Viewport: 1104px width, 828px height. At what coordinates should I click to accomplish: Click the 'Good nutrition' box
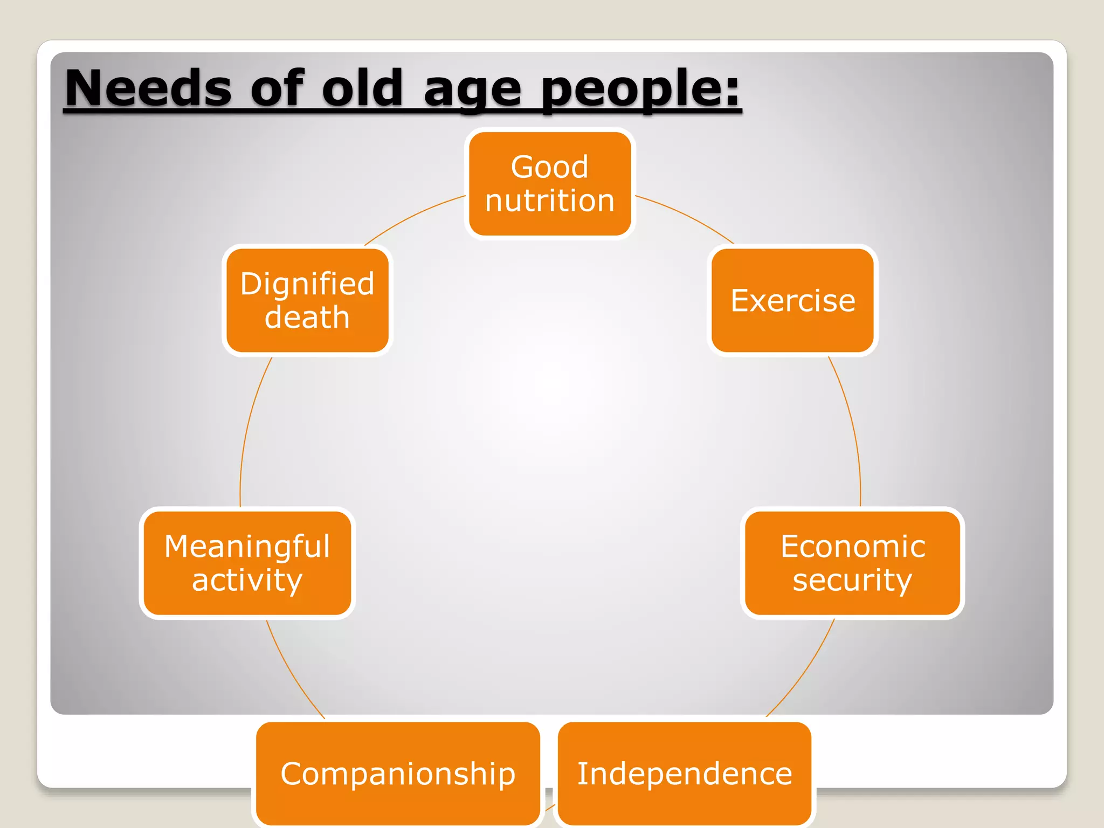coord(550,184)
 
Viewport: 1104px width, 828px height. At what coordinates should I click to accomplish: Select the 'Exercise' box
coord(792,300)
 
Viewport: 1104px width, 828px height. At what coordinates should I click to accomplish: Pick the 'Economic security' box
coord(852,563)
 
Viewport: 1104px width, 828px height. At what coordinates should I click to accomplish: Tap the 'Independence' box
coord(685,774)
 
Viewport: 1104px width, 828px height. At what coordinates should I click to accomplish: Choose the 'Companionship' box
coord(398,774)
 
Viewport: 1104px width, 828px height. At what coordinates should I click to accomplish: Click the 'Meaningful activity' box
coord(247,563)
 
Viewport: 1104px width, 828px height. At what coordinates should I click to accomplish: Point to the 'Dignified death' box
coord(307,300)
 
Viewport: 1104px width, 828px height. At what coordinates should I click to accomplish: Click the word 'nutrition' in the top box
coord(550,201)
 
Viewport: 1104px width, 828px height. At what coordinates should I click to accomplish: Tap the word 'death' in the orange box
coord(307,317)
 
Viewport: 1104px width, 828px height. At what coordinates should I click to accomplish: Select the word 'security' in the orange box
coord(852,580)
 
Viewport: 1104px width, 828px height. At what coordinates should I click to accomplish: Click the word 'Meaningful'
coord(247,546)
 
